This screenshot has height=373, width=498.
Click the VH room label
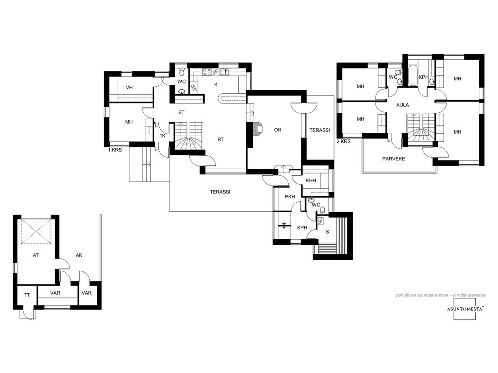129,88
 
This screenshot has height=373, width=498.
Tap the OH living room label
277,130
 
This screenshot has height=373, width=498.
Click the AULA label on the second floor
402,105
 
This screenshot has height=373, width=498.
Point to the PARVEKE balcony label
393,159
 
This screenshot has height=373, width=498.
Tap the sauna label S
327,232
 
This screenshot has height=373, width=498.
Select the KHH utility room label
311,180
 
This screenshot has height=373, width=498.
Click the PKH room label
290,196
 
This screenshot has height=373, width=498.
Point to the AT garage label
36,255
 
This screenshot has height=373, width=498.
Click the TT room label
27,295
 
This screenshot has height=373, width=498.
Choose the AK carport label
79,255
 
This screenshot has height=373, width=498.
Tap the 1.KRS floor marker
114,150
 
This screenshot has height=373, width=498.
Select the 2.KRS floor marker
343,141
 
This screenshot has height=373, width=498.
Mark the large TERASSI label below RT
220,192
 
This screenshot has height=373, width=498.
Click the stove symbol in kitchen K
207,72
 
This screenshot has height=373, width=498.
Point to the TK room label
163,136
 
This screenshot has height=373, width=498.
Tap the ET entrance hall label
181,112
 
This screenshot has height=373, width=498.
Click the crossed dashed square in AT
36,232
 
